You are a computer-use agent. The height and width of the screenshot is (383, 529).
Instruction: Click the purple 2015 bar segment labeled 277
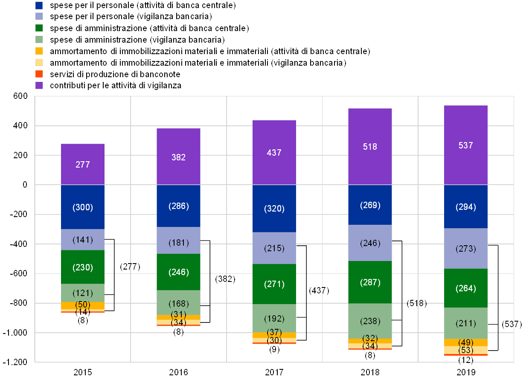pyautogui.click(x=83, y=164)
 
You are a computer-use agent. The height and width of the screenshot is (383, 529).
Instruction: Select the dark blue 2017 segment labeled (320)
pyautogui.click(x=274, y=208)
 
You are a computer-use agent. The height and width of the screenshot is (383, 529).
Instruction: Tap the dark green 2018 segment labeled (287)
pyautogui.click(x=370, y=282)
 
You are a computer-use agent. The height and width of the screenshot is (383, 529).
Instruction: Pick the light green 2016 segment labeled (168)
pyautogui.click(x=178, y=302)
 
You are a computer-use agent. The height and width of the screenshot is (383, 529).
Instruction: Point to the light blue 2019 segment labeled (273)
pyautogui.click(x=466, y=248)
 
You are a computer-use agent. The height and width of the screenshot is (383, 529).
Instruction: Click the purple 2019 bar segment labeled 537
pyautogui.click(x=466, y=145)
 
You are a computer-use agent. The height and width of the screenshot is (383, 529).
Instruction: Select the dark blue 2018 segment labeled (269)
pyautogui.click(x=370, y=204)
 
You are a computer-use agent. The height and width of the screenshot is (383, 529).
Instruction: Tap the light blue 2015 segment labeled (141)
pyautogui.click(x=83, y=239)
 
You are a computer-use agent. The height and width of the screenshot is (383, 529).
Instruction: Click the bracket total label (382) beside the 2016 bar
pyautogui.click(x=225, y=279)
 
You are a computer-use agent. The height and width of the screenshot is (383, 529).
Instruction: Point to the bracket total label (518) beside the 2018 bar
pyautogui.click(x=417, y=303)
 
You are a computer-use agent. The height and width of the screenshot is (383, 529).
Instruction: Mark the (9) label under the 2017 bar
pyautogui.click(x=274, y=349)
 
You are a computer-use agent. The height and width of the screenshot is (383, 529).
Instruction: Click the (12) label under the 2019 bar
pyautogui.click(x=466, y=360)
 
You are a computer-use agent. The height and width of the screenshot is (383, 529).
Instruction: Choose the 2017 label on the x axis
pyautogui.click(x=274, y=372)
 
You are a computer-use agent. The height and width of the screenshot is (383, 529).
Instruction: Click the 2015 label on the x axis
pyautogui.click(x=83, y=372)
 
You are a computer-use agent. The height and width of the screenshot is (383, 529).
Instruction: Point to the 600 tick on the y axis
pyautogui.click(x=20, y=96)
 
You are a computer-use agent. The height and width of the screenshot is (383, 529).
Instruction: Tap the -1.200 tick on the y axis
pyautogui.click(x=15, y=362)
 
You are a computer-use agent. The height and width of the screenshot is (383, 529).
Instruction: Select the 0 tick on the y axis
pyautogui.click(x=25, y=185)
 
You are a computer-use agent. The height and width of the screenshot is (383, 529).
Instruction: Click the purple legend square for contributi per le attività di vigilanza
pyautogui.click(x=39, y=85)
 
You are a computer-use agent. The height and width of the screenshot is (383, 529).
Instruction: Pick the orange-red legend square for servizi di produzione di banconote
pyautogui.click(x=39, y=74)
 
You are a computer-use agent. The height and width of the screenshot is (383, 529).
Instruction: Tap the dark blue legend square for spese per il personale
pyautogui.click(x=39, y=5)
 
